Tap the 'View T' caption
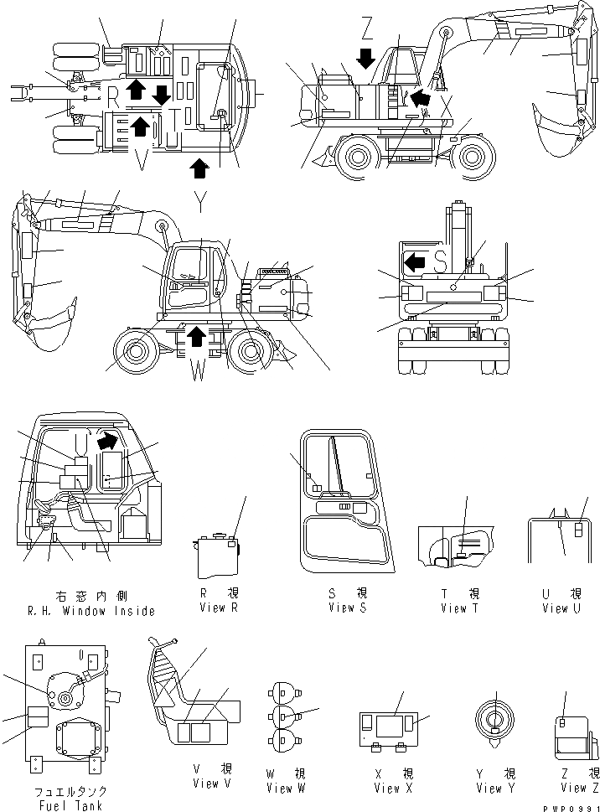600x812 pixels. [459, 608]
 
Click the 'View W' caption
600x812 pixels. [279, 788]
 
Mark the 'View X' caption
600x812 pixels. [388, 788]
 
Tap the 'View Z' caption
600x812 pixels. [574, 787]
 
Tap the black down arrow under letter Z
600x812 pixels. [366, 59]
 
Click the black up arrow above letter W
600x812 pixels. [196, 337]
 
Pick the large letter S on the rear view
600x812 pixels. [440, 261]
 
